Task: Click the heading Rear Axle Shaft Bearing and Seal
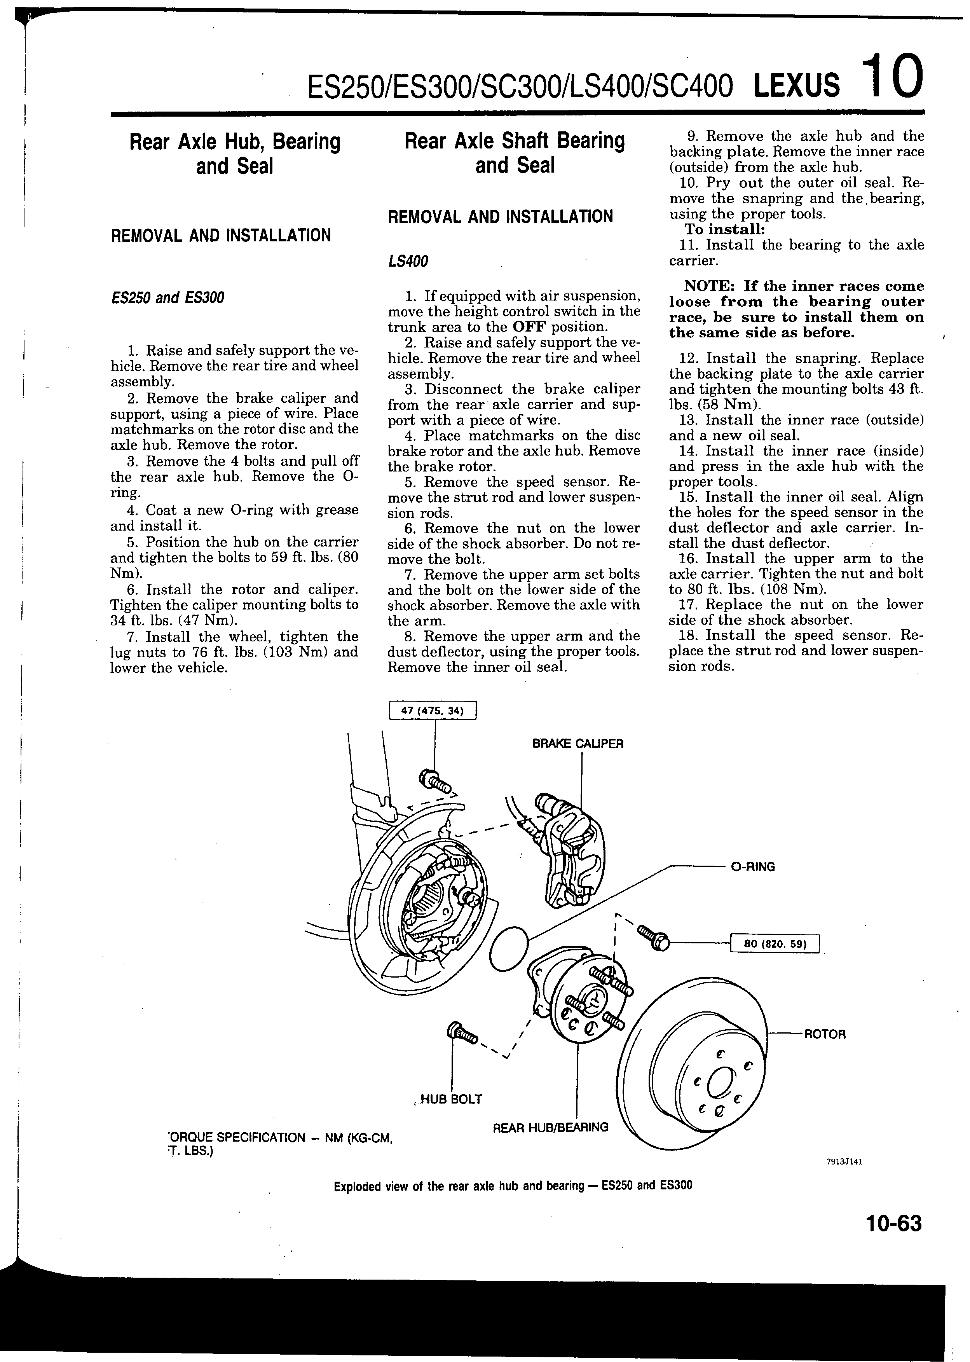click(x=514, y=152)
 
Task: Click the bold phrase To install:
click(x=724, y=229)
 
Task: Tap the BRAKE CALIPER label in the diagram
click(x=577, y=744)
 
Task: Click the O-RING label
click(x=753, y=867)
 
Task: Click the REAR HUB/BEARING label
click(x=550, y=1127)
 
